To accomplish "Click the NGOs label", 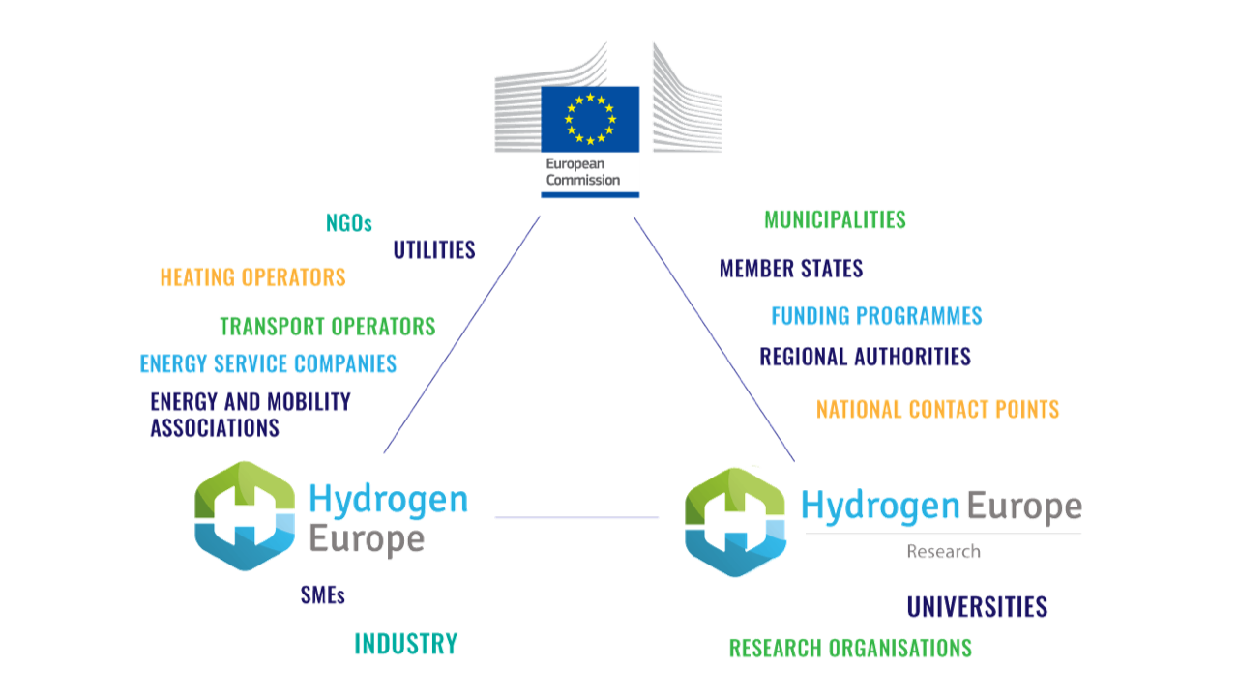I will click(349, 223).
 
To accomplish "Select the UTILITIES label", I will click(434, 250).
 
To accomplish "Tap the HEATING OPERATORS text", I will click(252, 277).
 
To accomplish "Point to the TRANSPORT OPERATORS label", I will click(327, 327).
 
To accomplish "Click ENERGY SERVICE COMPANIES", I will click(268, 364).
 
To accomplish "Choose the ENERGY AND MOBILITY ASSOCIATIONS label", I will click(250, 414).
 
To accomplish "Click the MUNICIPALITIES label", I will click(835, 220).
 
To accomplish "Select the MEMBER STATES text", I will click(790, 269).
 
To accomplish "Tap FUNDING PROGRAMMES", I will click(876, 316).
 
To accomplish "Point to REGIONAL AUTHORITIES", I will click(865, 357).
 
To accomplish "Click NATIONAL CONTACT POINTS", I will click(937, 410).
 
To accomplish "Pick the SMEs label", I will click(323, 596).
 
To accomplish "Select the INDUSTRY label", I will click(405, 644).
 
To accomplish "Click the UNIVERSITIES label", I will click(977, 607).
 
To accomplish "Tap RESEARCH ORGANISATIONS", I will click(850, 648).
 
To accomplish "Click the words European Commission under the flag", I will click(582, 172).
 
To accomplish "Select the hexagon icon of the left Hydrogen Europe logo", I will click(244, 516).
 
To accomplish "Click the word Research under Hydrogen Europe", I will click(943, 552).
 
